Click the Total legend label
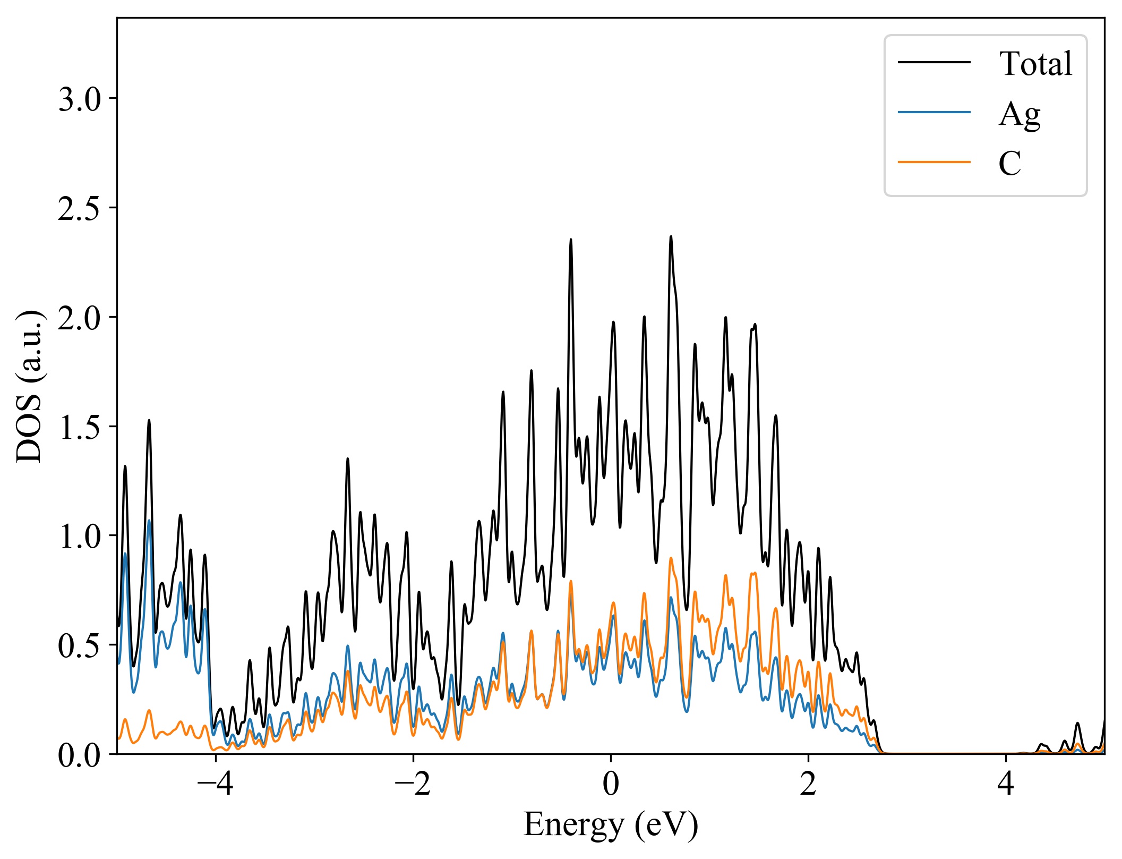(1035, 64)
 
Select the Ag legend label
(1019, 114)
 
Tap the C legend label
(1009, 163)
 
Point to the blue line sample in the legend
(934, 112)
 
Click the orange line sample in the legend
(934, 161)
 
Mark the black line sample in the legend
(934, 63)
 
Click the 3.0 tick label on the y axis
(79, 99)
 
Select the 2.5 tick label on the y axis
(79, 209)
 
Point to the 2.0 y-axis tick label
(79, 318)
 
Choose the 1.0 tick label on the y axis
(79, 537)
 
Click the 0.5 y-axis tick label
(79, 646)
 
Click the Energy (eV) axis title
(611, 825)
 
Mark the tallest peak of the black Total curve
(671, 237)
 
